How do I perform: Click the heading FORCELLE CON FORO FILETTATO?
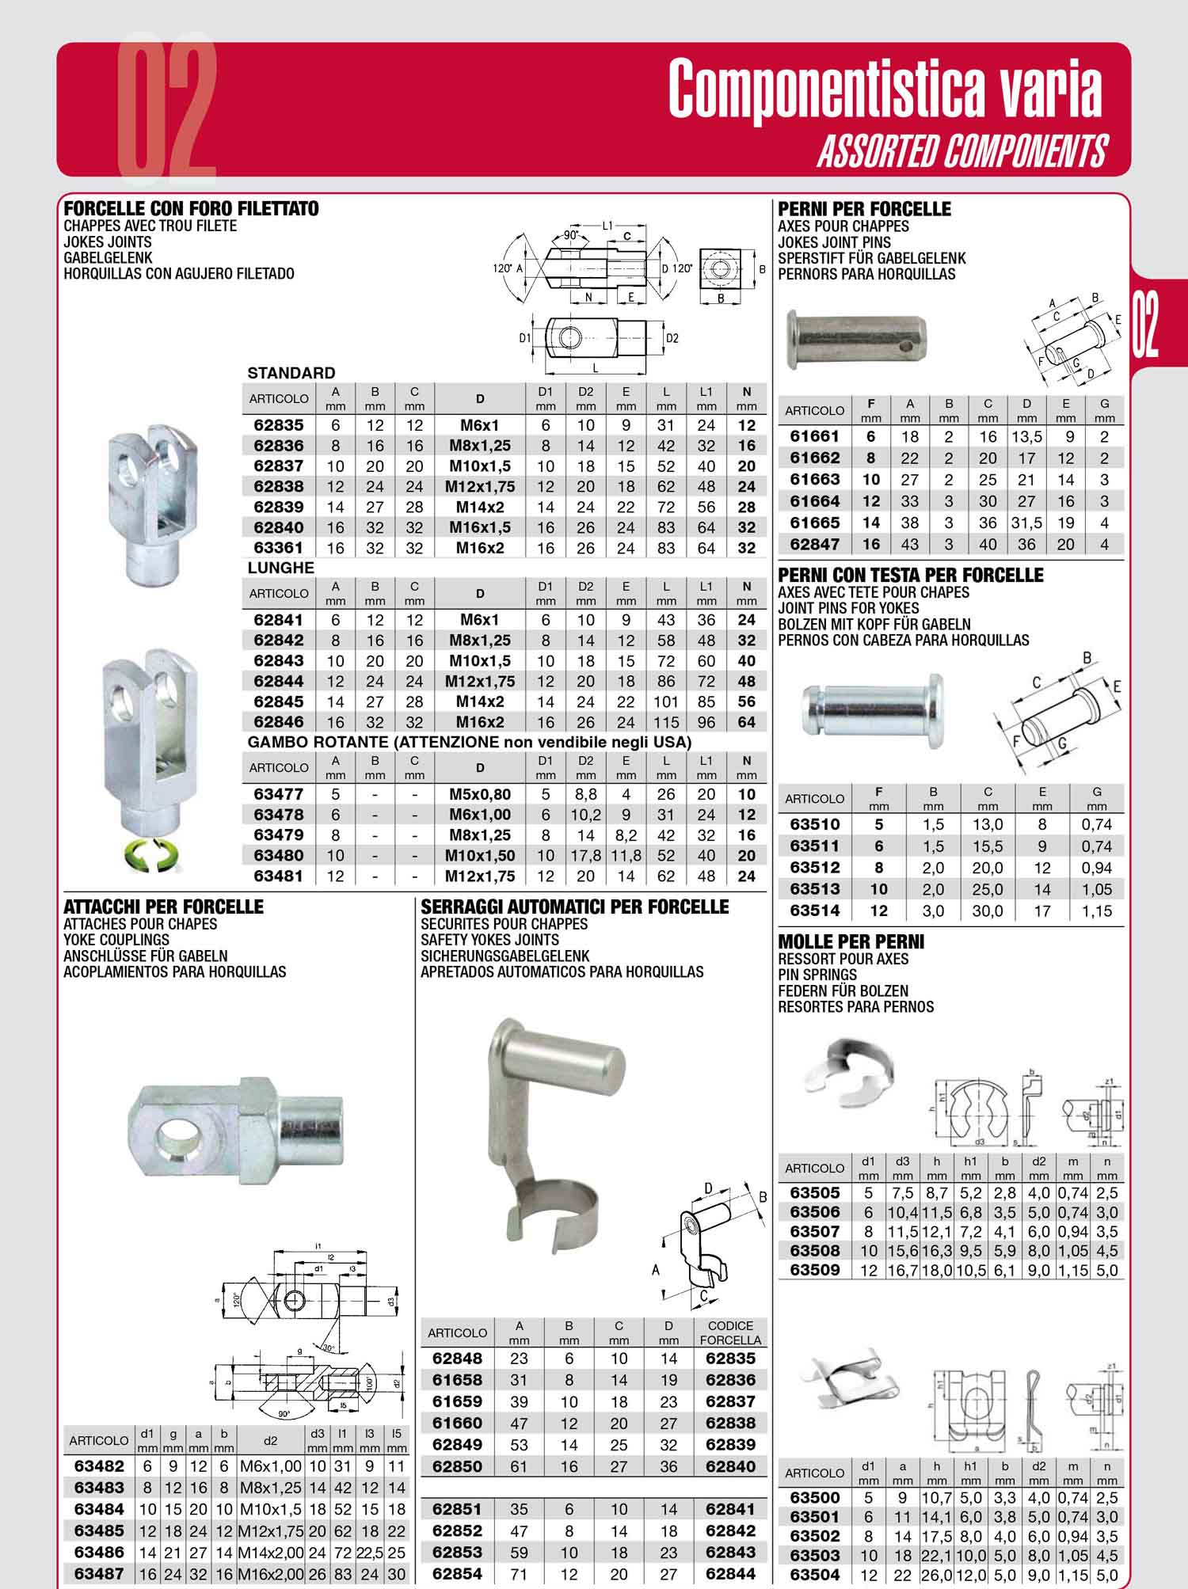[x=191, y=209]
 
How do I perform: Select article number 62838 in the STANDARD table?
[x=278, y=487]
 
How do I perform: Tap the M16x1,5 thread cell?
[x=479, y=527]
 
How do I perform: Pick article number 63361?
[x=278, y=548]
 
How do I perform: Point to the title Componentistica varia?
[x=885, y=89]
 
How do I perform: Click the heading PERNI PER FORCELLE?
[x=865, y=209]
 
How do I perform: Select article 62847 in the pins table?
[x=815, y=544]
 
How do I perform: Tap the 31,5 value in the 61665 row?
[x=1026, y=523]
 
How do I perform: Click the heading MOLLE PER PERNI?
[x=851, y=942]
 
